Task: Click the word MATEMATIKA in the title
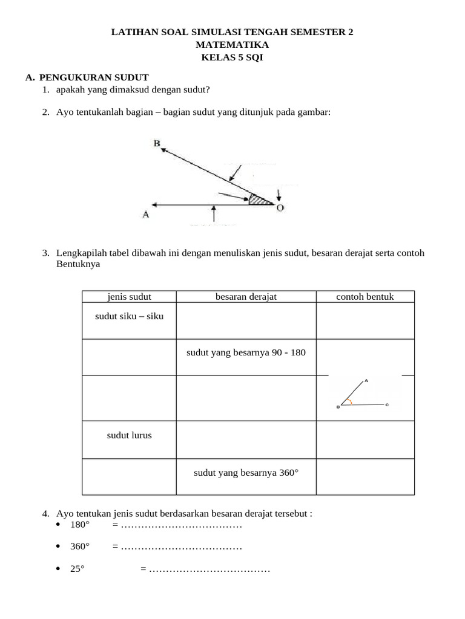pos(232,45)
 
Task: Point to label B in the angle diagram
pos(157,143)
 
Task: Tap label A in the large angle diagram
pos(145,213)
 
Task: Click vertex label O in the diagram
pos(280,207)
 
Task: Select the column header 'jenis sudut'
pos(129,296)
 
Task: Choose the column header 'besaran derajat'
pos(246,296)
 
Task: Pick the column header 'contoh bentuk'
pos(365,296)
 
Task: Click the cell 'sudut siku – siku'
pos(129,316)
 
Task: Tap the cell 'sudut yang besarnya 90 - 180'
pos(246,352)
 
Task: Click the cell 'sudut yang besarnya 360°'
pos(246,472)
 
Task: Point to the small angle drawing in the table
pos(362,395)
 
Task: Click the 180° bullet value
pos(79,525)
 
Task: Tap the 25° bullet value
pos(77,569)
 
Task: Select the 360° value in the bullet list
pos(79,546)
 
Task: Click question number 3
pos(45,253)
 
